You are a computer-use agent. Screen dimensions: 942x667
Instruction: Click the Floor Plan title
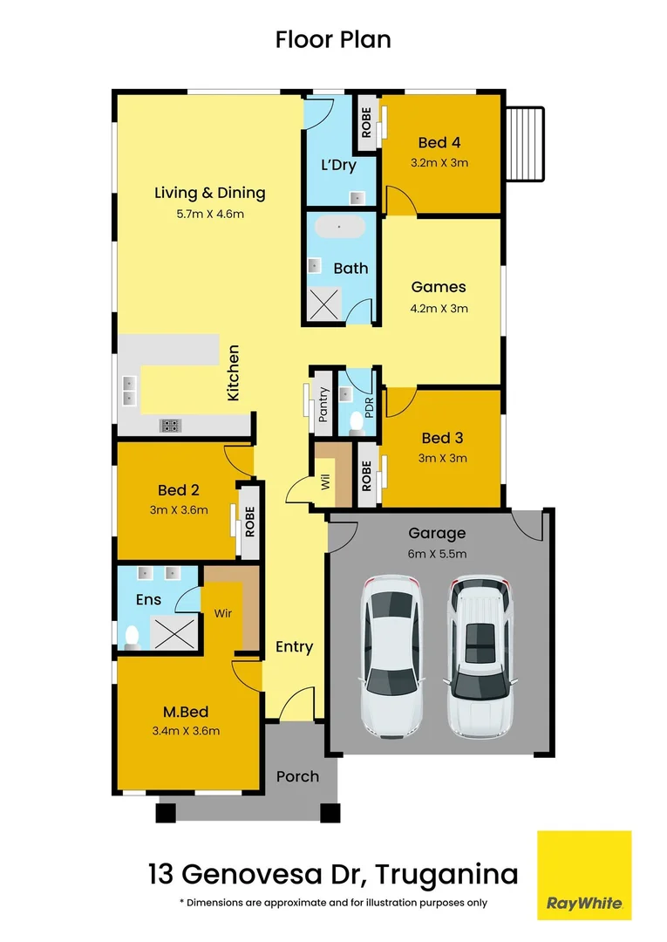333,39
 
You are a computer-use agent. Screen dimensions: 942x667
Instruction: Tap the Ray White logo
583,875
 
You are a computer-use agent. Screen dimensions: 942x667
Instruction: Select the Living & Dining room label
209,194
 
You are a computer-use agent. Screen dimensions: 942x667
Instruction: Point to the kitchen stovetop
170,426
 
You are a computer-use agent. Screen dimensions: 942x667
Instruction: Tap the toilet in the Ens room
132,636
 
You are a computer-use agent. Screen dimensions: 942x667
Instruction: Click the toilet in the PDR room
356,422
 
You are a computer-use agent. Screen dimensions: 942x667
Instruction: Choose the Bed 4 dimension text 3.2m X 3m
439,162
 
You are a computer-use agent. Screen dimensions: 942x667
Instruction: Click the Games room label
439,287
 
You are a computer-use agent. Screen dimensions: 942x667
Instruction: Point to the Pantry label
323,405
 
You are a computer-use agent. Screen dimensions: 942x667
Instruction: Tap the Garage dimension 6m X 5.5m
438,554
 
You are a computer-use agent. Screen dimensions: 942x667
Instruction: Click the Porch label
297,776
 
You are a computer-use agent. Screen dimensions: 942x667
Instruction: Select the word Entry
294,646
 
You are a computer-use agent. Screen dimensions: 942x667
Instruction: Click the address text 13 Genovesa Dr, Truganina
333,872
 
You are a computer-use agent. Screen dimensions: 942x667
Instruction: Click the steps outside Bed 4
526,143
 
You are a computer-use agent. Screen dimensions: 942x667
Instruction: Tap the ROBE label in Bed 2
249,522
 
